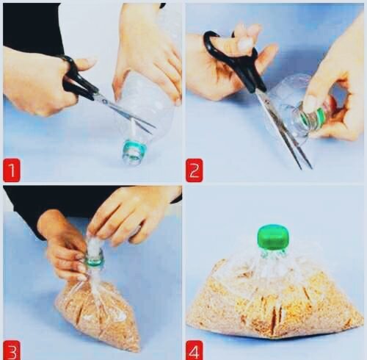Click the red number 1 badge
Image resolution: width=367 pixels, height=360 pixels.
click(12, 170)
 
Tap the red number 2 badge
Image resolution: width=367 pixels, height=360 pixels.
click(195, 170)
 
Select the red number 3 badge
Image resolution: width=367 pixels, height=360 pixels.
click(11, 350)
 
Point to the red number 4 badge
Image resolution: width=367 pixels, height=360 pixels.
click(195, 350)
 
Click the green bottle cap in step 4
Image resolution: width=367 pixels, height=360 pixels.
click(273, 237)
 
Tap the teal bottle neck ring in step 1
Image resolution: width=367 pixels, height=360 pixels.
click(135, 148)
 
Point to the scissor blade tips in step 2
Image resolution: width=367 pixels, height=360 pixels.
click(306, 167)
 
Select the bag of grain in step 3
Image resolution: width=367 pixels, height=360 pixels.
click(98, 311)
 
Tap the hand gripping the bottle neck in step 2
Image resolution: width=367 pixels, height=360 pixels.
click(335, 98)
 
